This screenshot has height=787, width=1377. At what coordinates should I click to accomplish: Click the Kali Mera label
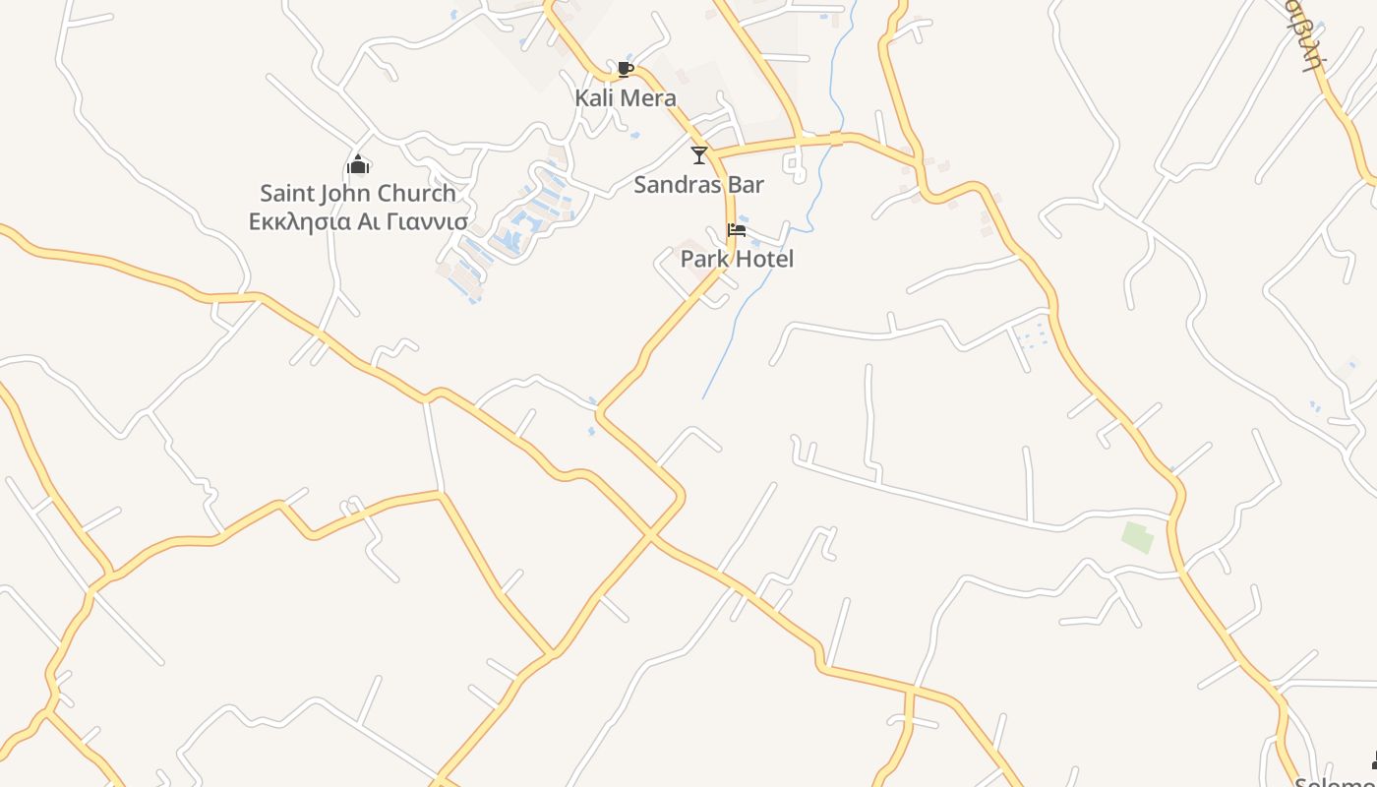pos(626,98)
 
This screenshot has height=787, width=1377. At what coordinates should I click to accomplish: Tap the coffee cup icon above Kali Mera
pos(625,69)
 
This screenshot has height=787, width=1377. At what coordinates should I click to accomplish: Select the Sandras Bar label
pos(698,184)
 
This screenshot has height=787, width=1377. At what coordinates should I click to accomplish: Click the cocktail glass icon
pos(699,154)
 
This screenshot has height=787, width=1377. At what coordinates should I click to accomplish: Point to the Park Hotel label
pos(737,259)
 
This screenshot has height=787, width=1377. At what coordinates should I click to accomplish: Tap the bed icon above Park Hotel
pos(737,230)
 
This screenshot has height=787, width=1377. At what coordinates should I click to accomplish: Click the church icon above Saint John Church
pos(358,164)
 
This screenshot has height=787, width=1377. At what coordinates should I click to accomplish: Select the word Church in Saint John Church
pos(417,193)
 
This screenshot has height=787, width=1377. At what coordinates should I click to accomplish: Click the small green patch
pos(1138,537)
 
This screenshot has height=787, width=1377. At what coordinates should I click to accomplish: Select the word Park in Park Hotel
pos(705,259)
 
